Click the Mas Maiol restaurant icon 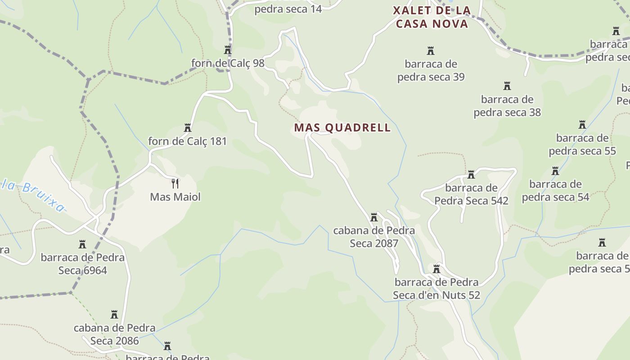tap(175, 184)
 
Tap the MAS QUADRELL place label tap(342, 128)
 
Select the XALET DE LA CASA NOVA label tap(432, 17)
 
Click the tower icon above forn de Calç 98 tap(228, 50)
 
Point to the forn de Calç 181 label tap(188, 141)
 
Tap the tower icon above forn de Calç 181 tap(188, 128)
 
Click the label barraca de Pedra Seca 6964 tap(83, 264)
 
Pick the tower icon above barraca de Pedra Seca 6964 tap(82, 244)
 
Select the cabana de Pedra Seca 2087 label tap(374, 237)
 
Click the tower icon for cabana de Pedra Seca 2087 tap(374, 218)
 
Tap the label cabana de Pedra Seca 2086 tap(115, 334)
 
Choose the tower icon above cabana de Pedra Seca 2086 tap(114, 314)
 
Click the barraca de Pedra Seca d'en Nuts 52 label tap(436, 288)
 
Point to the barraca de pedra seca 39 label tap(431, 70)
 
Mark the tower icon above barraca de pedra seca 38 tap(507, 86)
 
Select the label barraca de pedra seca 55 tap(582, 144)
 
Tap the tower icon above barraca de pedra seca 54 tap(555, 171)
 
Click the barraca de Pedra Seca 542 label tap(471, 194)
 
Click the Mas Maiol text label tap(175, 197)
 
